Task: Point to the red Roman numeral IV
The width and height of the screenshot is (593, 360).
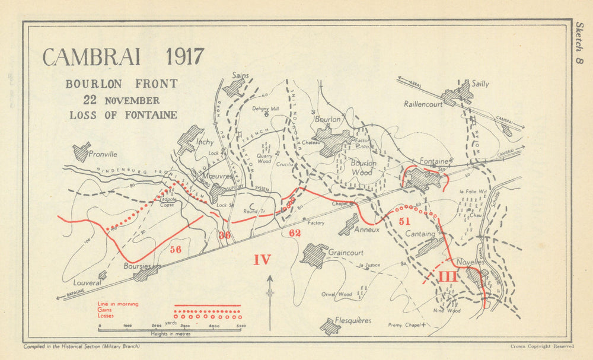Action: pos(262,259)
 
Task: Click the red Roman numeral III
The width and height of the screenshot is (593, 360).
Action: pos(448,276)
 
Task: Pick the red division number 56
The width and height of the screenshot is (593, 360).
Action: pos(175,250)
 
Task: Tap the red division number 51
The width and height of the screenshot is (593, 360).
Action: pos(404,221)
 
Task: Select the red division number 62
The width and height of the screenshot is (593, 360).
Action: pos(295,233)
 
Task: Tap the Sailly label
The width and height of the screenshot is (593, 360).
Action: pos(480,84)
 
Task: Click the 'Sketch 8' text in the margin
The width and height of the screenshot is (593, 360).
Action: pos(579,45)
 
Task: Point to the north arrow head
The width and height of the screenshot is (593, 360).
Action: pos(270,278)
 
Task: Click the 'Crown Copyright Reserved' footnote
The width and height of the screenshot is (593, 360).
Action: pos(541,346)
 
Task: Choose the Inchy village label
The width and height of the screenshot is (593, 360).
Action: pos(205,142)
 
